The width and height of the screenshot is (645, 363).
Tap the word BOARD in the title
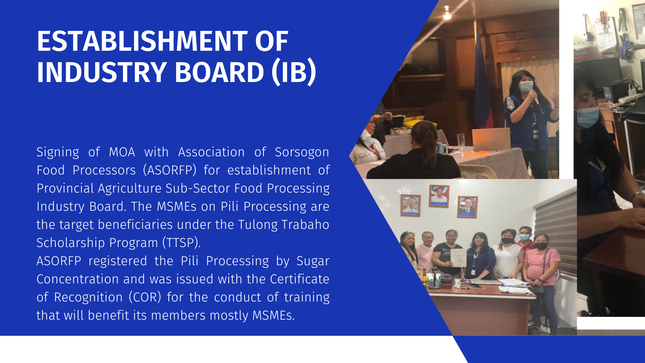tap(219, 72)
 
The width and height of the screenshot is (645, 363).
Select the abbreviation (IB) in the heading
tap(294, 73)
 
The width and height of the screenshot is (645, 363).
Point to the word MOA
tap(122, 152)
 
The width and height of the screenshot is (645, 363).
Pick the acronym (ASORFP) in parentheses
tap(170, 170)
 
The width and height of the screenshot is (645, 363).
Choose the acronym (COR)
tap(145, 297)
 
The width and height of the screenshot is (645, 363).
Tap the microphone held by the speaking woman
tap(535, 96)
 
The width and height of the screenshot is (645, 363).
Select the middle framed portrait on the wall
tap(439, 196)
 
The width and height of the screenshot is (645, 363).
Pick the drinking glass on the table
tap(461, 142)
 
